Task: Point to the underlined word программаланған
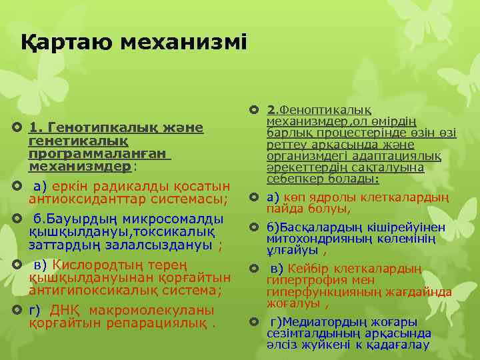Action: (99, 153)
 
